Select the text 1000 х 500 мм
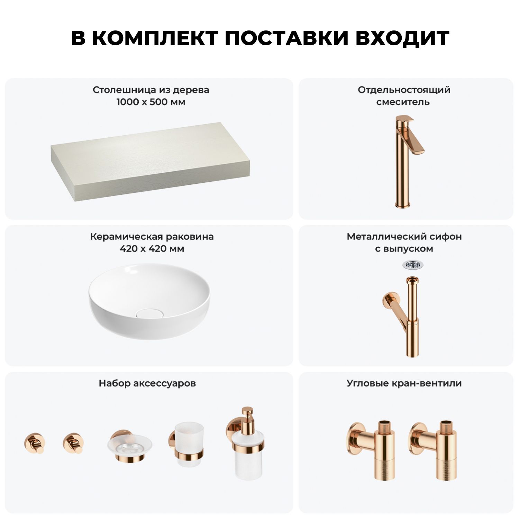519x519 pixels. click(151, 102)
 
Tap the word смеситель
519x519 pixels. click(403, 102)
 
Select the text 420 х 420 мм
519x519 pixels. click(152, 249)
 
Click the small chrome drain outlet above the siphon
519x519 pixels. click(413, 265)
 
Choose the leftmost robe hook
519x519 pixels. click(35, 443)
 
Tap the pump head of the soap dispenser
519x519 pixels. click(248, 415)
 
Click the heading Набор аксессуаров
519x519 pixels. click(147, 384)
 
